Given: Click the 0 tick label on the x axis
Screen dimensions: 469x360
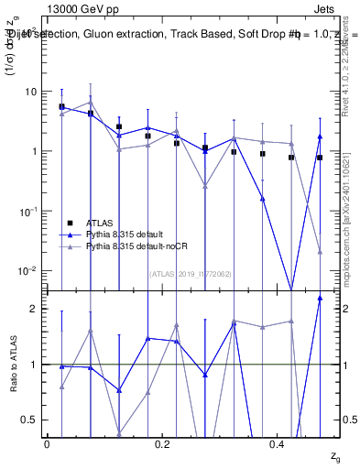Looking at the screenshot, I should point(47,444).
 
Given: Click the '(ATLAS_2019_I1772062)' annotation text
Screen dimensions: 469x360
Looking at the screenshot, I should point(191,273).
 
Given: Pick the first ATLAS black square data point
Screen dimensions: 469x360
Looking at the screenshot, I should point(61,107).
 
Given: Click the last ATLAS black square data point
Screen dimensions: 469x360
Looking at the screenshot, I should point(320,158).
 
